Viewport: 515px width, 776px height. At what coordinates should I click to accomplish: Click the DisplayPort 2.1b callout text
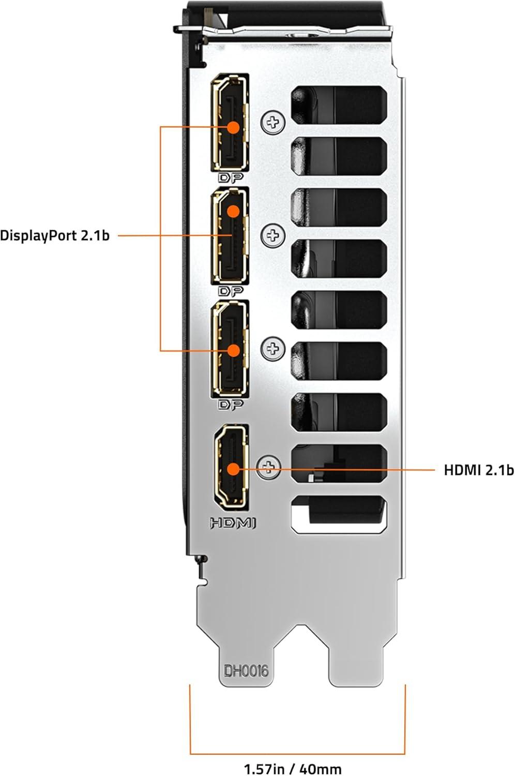click(55, 236)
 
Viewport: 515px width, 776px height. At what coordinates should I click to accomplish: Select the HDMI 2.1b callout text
click(479, 470)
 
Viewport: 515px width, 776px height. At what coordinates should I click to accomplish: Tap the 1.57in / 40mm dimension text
click(293, 769)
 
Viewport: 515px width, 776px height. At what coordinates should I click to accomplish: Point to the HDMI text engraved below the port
click(233, 523)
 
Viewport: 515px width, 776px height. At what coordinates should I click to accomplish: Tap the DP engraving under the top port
click(230, 178)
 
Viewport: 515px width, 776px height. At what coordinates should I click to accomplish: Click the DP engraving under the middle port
click(230, 291)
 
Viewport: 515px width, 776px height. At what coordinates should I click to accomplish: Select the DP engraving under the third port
click(230, 405)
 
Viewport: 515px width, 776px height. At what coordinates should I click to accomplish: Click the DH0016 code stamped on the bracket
click(246, 670)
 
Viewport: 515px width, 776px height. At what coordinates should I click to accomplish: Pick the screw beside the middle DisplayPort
click(273, 236)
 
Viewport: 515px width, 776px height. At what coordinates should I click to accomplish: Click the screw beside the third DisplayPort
click(273, 349)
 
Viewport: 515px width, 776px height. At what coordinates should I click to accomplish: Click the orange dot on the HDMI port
click(233, 469)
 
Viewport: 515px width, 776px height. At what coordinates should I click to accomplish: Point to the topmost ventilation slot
click(339, 102)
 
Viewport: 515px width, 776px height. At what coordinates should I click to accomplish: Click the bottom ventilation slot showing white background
click(339, 515)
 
